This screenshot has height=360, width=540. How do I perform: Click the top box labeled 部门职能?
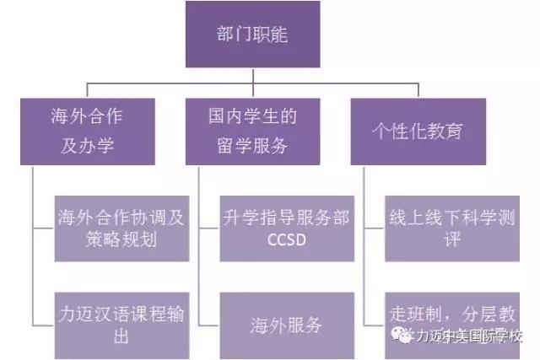(x=253, y=36)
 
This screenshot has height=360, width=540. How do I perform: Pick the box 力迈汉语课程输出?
(x=119, y=325)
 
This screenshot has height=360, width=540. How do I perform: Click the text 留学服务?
(x=252, y=146)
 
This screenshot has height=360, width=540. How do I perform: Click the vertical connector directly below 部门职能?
(x=253, y=76)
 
